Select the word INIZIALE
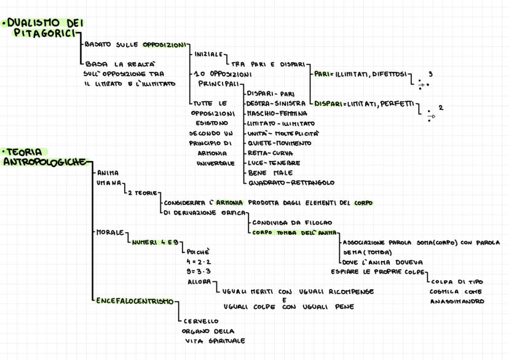point(208,55)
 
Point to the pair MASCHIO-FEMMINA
point(277,114)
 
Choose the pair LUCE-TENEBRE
point(274,163)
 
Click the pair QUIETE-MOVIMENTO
point(279,143)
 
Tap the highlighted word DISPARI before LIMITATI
point(328,104)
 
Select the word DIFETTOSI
point(389,74)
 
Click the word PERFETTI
point(397,104)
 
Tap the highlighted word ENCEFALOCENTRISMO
point(135,301)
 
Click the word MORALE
point(111,232)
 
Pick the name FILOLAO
point(317,222)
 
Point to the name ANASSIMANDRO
point(457,301)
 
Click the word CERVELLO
point(201,321)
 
